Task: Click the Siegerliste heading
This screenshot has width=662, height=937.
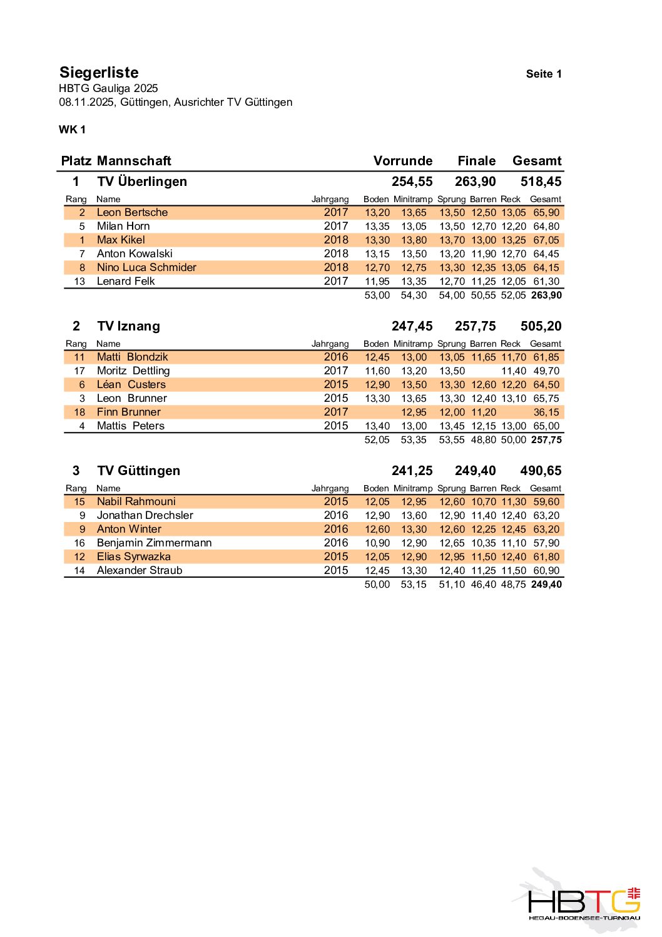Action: pyautogui.click(x=99, y=73)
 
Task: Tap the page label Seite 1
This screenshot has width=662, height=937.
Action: pyautogui.click(x=543, y=74)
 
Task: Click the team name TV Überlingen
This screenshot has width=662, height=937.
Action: pyautogui.click(x=142, y=182)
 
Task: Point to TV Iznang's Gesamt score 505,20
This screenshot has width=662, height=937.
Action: pyautogui.click(x=541, y=326)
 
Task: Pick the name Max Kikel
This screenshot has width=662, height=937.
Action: pyautogui.click(x=121, y=240)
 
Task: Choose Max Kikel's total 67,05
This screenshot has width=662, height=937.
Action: pyautogui.click(x=546, y=240)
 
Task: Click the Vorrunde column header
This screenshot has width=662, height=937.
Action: pyautogui.click(x=403, y=161)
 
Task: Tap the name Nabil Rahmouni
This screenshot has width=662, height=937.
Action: pyautogui.click(x=136, y=501)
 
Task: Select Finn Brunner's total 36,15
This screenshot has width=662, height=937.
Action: pyautogui.click(x=546, y=412)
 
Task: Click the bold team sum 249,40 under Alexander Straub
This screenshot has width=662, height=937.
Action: pyautogui.click(x=546, y=584)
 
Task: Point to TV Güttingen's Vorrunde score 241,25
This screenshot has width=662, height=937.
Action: pyautogui.click(x=412, y=471)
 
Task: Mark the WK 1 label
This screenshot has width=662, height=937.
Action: pyautogui.click(x=72, y=130)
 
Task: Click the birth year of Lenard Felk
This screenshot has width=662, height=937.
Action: pyautogui.click(x=336, y=281)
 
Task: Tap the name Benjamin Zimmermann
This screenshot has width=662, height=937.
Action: pyautogui.click(x=154, y=543)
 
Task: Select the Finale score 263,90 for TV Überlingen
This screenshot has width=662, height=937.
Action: pyautogui.click(x=475, y=182)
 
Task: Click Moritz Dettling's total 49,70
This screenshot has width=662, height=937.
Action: pyautogui.click(x=546, y=371)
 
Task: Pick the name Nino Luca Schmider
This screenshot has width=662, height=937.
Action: pyautogui.click(x=146, y=267)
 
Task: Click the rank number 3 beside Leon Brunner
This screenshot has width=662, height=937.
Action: pyautogui.click(x=82, y=398)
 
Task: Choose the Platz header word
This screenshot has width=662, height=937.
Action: pyautogui.click(x=76, y=161)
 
